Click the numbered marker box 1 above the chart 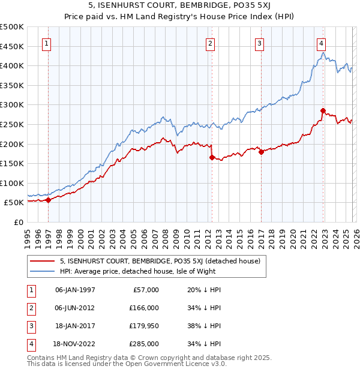click(47, 43)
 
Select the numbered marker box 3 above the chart click(259, 43)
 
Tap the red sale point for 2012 click(212, 157)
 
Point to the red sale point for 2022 click(323, 110)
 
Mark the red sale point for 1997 click(48, 200)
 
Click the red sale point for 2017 click(261, 152)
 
